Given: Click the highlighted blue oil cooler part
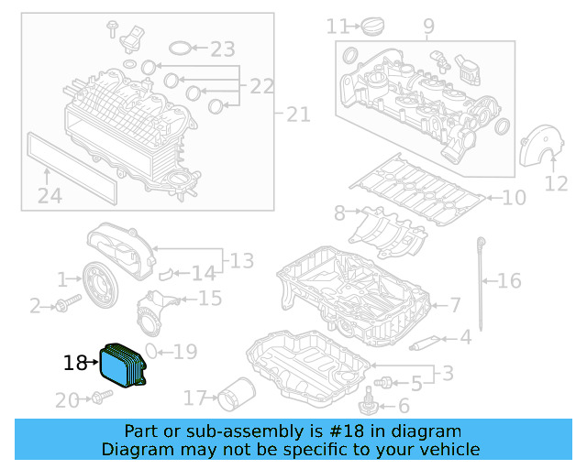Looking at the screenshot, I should pos(125,366).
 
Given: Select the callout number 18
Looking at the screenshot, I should pos(75,364).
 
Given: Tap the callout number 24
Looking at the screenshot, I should pos(50,195).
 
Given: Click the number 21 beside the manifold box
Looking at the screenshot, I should pos(298,115).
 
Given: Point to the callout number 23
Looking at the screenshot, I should pos(223,48).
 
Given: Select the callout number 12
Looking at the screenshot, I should pos(557,183).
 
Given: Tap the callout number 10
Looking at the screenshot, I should pos(514,197).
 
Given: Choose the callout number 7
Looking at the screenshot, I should pos(455,304).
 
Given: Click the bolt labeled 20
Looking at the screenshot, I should pos(100,398).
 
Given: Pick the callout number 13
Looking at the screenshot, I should pos(241,261).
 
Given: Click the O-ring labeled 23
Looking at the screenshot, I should pos(183,46).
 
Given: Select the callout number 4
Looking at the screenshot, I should pos(465,337).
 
